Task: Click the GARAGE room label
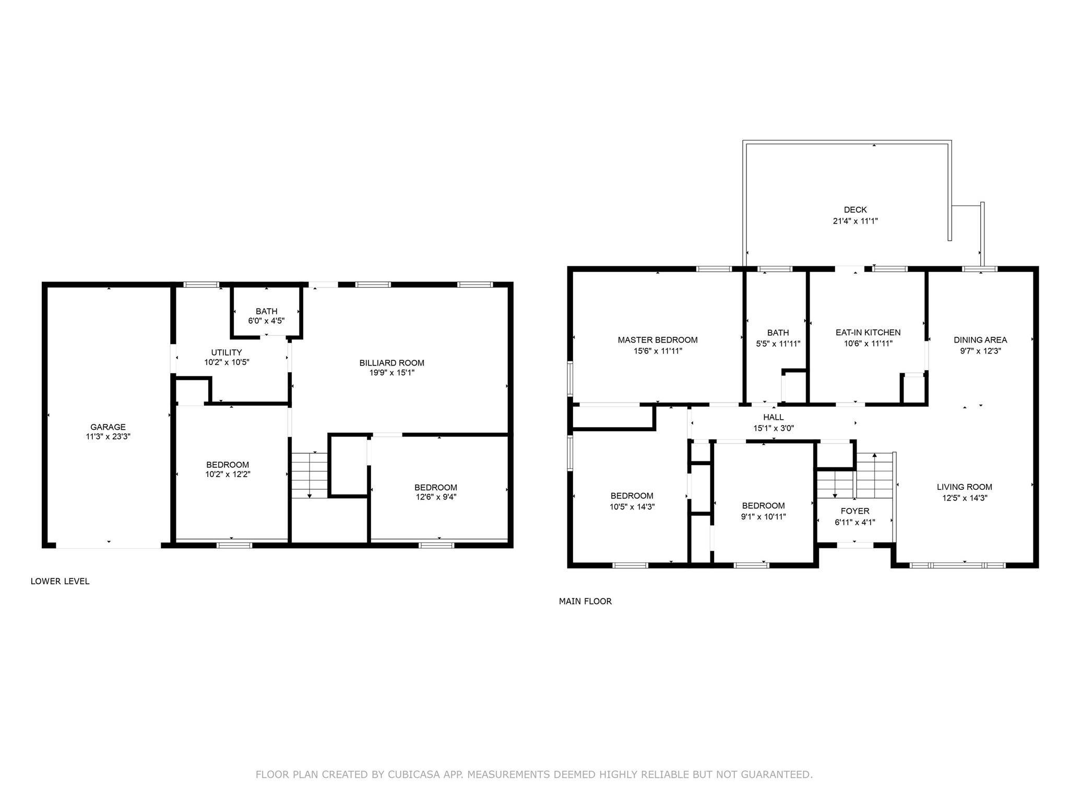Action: pos(108,427)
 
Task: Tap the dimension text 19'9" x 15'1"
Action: pos(391,373)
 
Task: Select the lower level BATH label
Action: pos(266,311)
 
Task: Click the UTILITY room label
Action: pos(227,352)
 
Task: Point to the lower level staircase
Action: pos(309,475)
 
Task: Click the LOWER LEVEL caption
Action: pos(60,581)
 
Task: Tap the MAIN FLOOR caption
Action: pos(585,601)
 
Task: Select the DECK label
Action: pos(855,210)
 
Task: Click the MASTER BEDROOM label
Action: pos(658,340)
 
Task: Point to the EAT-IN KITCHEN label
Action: pos(868,333)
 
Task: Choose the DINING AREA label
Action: pos(980,340)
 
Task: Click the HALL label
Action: pos(773,417)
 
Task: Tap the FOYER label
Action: pos(855,511)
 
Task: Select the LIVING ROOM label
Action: pos(964,487)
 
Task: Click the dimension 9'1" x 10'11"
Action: pos(764,517)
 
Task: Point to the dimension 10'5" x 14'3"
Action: pos(632,506)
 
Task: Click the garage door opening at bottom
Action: pos(109,546)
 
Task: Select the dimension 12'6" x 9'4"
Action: pos(436,497)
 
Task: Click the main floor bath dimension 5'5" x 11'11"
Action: pos(778,344)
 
